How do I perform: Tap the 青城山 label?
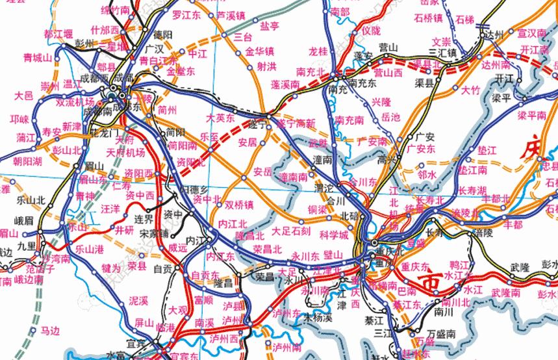37,58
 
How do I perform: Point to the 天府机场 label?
126,153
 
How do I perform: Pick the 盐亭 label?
270,26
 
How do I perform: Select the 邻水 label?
427,174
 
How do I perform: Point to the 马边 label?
50,331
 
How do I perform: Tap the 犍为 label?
111,267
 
